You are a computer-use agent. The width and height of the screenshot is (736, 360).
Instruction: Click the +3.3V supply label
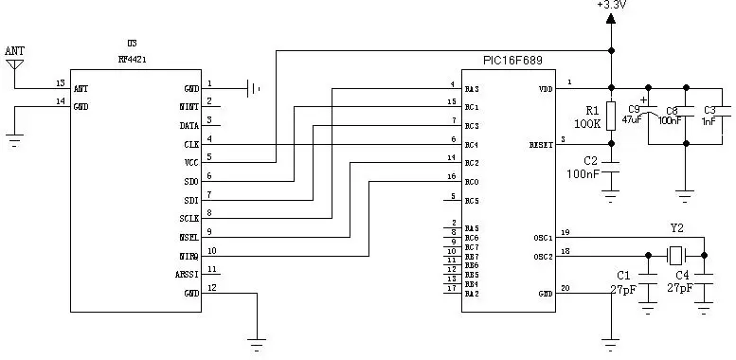pyautogui.click(x=610, y=6)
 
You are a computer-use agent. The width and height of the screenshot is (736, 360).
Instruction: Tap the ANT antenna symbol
pyautogui.click(x=14, y=64)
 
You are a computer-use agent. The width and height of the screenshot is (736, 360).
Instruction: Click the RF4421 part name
pyautogui.click(x=132, y=58)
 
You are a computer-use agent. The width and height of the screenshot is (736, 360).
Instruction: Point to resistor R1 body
pyautogui.click(x=611, y=116)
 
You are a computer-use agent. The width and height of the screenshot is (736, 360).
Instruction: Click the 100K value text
pyautogui.click(x=587, y=124)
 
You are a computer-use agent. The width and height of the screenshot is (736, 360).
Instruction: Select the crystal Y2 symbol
pyautogui.click(x=675, y=255)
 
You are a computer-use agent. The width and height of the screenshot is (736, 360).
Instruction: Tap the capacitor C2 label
pyautogui.click(x=590, y=159)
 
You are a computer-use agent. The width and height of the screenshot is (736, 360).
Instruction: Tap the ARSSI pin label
pyautogui.click(x=186, y=274)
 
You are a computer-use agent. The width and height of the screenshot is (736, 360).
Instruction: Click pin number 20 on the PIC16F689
pyautogui.click(x=565, y=288)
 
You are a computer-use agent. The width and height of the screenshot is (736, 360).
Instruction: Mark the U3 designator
pyautogui.click(x=132, y=44)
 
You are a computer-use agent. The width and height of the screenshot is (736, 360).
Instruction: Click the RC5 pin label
pyautogui.click(x=472, y=201)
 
